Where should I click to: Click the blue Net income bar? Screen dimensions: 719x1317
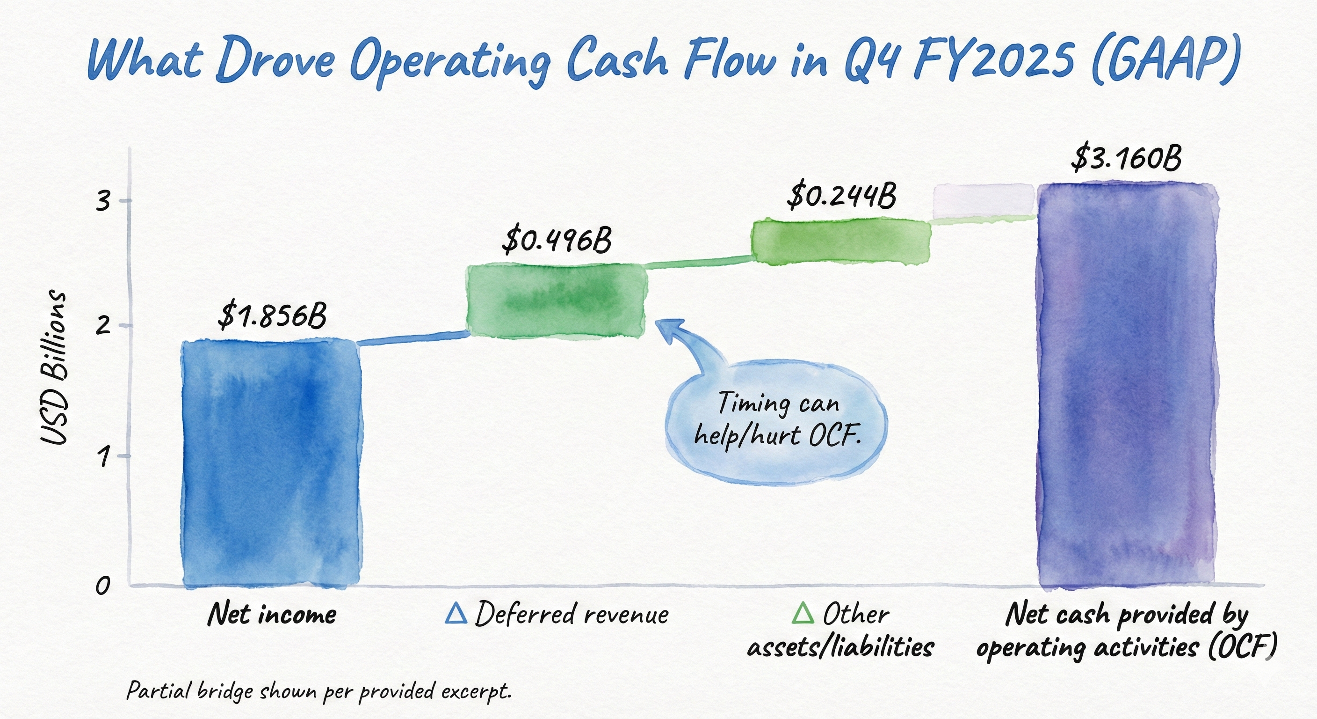coord(271,463)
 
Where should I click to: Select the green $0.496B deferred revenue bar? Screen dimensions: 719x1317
coord(556,301)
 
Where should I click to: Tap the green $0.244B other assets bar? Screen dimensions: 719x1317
coord(840,242)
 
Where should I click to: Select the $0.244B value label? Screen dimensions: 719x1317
coord(841,195)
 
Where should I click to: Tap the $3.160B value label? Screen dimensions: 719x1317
coord(1126,158)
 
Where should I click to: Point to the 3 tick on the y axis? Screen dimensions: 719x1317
coord(103,202)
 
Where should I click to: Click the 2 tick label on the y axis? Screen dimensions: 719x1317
coord(103,326)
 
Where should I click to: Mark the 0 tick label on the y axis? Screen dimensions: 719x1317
coord(103,586)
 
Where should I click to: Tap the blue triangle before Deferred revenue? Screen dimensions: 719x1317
coord(456,613)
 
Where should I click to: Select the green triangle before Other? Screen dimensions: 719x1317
coord(803,613)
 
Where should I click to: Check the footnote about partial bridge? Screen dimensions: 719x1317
coord(318,691)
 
